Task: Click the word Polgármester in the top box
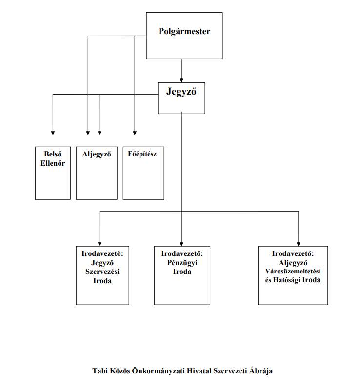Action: pos(184,32)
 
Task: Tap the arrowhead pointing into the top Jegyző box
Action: pos(181,80)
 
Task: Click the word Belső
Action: pos(53,154)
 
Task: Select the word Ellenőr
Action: pos(53,163)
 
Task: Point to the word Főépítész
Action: pos(142,154)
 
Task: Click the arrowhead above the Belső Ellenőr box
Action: pos(53,133)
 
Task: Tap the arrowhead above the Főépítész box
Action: pos(135,133)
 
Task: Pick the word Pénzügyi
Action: pos(182,263)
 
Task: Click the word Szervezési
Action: pos(102,272)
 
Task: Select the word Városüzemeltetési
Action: pos(293,271)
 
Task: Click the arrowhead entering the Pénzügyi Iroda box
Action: pos(181,244)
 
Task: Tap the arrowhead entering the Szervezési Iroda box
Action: pos(100,244)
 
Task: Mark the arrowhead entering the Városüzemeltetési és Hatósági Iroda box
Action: pos(299,244)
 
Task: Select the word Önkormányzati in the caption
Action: pos(158,371)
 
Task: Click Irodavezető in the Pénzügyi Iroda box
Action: pos(182,253)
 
